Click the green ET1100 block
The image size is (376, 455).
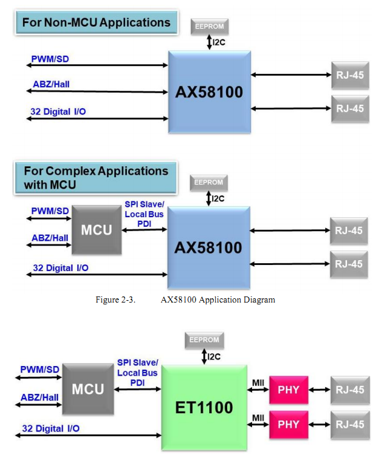204,407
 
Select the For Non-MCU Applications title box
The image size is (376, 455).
96,22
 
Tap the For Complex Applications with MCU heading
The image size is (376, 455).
96,178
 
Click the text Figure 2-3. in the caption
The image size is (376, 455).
115,300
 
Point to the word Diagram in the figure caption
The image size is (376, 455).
259,300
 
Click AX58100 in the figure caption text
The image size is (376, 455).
178,300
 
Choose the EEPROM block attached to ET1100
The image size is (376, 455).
204,340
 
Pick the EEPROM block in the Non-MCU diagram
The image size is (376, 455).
210,27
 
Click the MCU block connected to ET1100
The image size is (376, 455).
88,389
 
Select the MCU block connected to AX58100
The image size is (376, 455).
97,230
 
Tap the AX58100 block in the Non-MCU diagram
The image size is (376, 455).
209,92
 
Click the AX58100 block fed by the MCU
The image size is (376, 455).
209,247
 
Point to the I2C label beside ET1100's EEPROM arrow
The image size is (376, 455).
214,356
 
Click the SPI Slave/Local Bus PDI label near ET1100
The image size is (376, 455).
137,373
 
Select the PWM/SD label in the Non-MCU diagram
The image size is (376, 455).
50,59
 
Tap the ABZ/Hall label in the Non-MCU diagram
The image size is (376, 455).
51,84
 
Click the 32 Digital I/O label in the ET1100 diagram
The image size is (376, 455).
51,428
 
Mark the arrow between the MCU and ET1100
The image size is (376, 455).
137,389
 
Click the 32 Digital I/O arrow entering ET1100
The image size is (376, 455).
88,435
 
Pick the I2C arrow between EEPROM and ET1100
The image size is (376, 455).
204,356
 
